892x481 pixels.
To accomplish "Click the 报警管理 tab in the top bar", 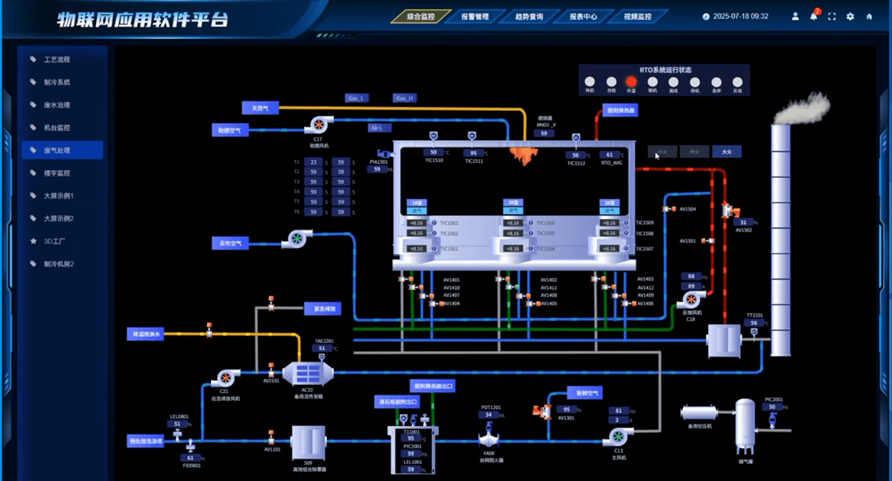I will pyautogui.click(x=475, y=17).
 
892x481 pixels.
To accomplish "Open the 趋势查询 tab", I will pyautogui.click(x=529, y=17).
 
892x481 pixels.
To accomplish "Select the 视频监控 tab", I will pyautogui.click(x=637, y=17).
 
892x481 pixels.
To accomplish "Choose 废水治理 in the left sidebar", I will pyautogui.click(x=57, y=105).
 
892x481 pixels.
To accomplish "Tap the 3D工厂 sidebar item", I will pyautogui.click(x=54, y=241).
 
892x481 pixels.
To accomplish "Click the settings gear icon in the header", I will pyautogui.click(x=850, y=17).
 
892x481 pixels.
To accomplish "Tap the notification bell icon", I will pyautogui.click(x=813, y=16).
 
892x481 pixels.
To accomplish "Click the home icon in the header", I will pyautogui.click(x=869, y=17).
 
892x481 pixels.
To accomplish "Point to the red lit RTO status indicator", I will pyautogui.click(x=631, y=82).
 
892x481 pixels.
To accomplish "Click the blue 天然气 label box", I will pyautogui.click(x=260, y=108).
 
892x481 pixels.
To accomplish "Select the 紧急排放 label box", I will pyautogui.click(x=323, y=309).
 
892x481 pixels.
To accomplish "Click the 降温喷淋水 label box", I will pyautogui.click(x=146, y=334).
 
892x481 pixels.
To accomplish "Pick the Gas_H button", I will pyautogui.click(x=404, y=98).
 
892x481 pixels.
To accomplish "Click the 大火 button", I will pyautogui.click(x=726, y=152).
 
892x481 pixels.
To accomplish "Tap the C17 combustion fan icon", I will pyautogui.click(x=319, y=124).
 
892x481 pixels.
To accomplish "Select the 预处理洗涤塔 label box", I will pyautogui.click(x=146, y=441).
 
